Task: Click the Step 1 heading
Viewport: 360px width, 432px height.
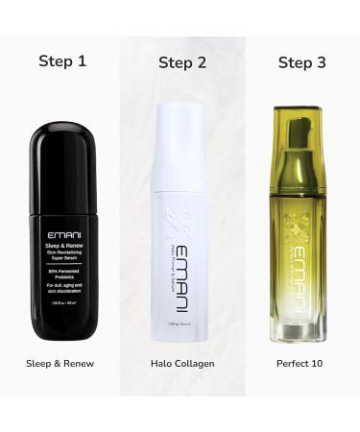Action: coord(62,60)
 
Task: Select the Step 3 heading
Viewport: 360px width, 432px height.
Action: coord(301,63)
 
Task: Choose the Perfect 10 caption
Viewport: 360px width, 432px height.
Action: coord(300,365)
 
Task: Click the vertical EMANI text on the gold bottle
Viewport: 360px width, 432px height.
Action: coord(300,271)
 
